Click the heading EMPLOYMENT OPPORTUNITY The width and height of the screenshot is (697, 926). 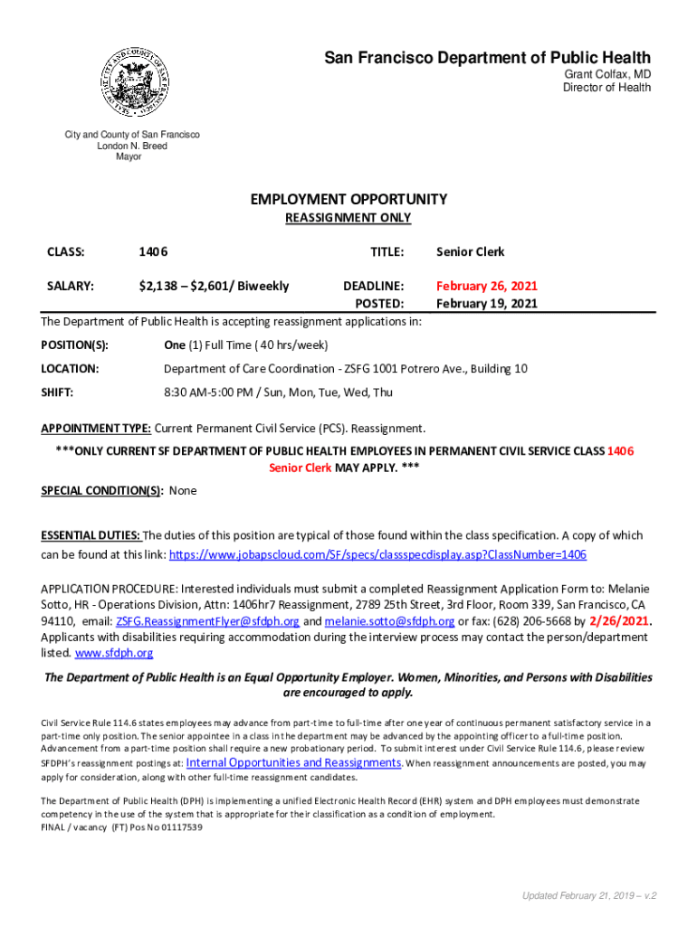348,199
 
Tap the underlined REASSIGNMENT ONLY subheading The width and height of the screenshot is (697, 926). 348,218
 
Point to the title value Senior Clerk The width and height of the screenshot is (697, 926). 470,251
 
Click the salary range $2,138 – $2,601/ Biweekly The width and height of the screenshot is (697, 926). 214,286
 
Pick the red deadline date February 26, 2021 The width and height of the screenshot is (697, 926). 487,286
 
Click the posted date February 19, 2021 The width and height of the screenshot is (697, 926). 487,303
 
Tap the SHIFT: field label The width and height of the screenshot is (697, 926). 57,392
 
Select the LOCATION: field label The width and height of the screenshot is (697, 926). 70,369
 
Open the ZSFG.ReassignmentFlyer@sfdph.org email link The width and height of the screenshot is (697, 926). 207,621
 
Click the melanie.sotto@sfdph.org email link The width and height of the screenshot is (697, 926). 389,621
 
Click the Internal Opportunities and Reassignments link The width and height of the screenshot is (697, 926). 293,762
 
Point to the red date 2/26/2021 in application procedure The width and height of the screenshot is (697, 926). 619,621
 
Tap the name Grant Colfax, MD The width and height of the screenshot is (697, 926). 607,74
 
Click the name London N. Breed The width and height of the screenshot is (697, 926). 132,146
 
